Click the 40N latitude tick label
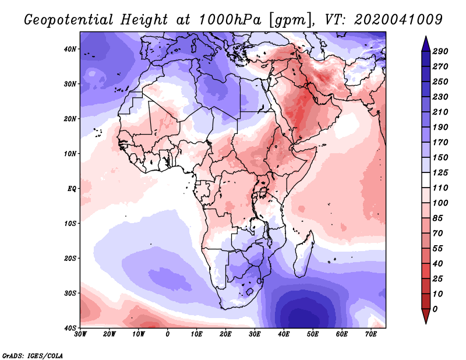tap(70, 49)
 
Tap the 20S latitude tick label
tap(70, 258)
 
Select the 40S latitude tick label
tap(70, 328)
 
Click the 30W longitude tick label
tap(80, 334)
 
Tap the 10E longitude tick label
tap(196, 334)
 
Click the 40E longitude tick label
tap(284, 334)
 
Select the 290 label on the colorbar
tap(440, 52)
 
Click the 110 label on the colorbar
tap(440, 188)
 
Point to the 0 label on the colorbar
tap(436, 309)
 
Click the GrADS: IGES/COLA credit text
tap(33, 355)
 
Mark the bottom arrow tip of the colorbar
tap(426, 322)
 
